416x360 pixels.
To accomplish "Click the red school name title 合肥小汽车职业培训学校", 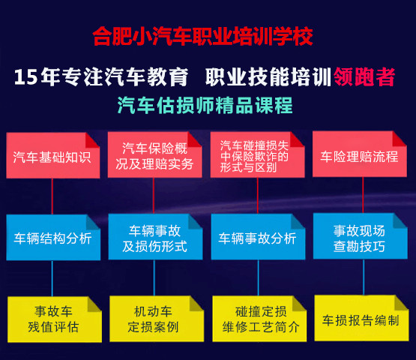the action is (203, 36).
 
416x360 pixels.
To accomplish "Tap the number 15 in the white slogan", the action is (25, 77).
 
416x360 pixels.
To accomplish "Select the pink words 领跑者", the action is (364, 76).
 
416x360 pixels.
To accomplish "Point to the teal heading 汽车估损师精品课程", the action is (205, 106).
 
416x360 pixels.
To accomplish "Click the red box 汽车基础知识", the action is (53, 155).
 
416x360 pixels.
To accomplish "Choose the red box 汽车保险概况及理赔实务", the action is (154, 154).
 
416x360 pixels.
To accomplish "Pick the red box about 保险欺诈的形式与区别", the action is (257, 154).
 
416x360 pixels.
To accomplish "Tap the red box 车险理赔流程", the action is (360, 154).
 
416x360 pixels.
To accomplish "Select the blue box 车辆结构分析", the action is (53, 237).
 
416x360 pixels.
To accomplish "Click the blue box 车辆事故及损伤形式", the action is (155, 237).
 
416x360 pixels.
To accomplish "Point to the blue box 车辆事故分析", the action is (258, 236).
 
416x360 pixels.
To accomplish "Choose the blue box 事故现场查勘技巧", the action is (361, 236).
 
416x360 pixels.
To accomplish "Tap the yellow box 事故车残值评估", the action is (55, 319).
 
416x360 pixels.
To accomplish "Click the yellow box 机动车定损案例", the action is (157, 319).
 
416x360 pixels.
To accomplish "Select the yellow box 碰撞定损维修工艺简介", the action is (259, 319).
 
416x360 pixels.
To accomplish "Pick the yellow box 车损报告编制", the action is (361, 318).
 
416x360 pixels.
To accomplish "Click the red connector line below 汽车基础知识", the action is (52, 196).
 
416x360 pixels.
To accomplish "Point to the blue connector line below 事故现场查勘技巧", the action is (364, 277).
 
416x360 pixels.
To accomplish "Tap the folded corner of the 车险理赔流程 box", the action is (400, 138).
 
